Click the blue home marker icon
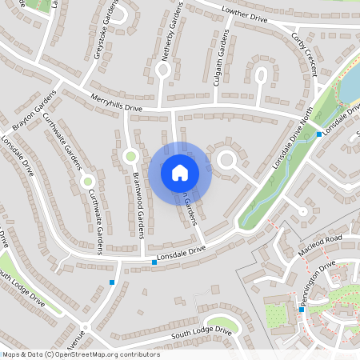tap(180, 172)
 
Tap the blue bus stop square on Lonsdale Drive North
tap(319, 134)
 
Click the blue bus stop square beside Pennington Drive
tap(301, 309)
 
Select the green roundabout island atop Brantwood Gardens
tap(130, 154)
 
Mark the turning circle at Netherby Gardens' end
tap(163, 70)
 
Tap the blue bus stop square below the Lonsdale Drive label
tap(154, 262)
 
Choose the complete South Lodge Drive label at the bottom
tap(201, 331)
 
